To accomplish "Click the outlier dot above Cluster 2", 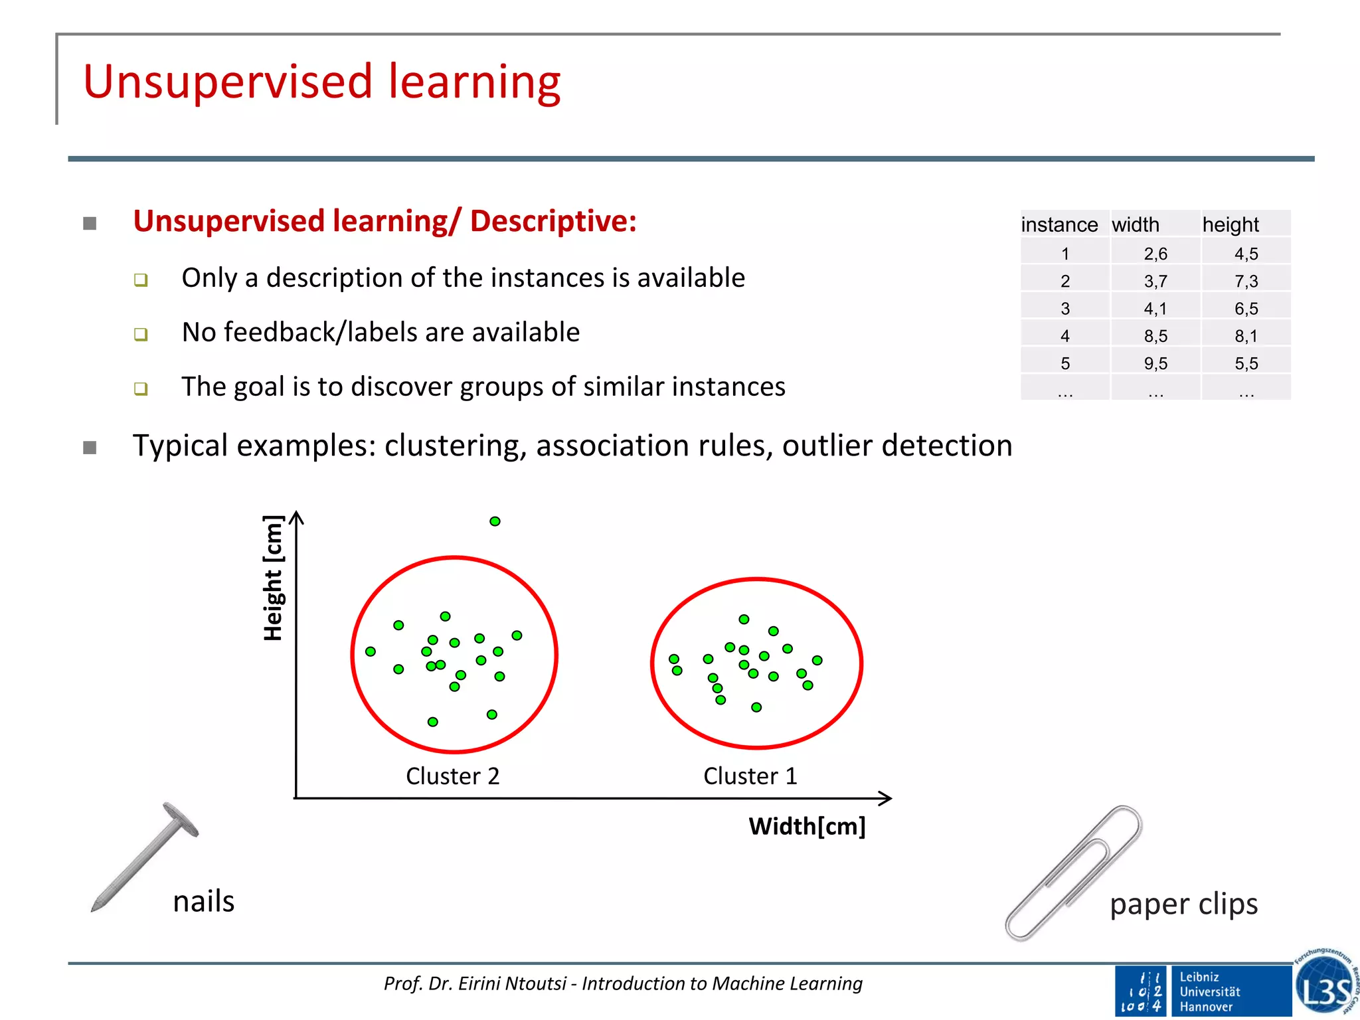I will (x=495, y=521).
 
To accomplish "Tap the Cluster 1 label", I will (x=750, y=776).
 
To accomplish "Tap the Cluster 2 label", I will (x=452, y=776).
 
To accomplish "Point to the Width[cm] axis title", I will (x=807, y=826).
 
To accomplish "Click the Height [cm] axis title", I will (x=273, y=578).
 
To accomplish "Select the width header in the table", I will (x=1136, y=224).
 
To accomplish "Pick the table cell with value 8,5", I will (x=1155, y=336).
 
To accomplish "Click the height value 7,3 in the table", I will (x=1246, y=281).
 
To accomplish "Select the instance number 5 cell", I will (x=1065, y=363).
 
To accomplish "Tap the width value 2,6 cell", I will (x=1155, y=254).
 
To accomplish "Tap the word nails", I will (x=203, y=902).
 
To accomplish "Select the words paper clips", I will (x=1183, y=904).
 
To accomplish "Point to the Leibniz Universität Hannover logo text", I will (x=1210, y=991).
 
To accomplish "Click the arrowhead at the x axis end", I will (x=886, y=798).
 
